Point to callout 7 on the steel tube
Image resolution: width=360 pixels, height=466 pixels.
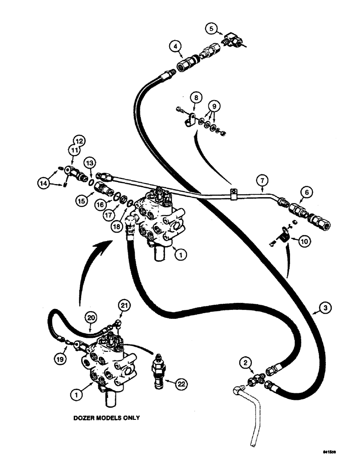click(262, 179)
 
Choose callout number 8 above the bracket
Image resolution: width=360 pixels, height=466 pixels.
click(195, 98)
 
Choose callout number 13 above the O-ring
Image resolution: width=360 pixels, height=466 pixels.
click(90, 162)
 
